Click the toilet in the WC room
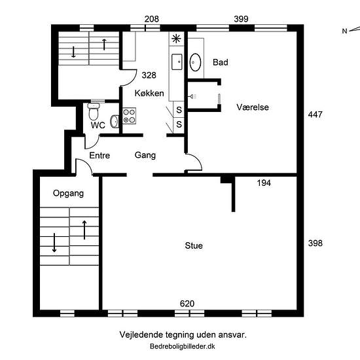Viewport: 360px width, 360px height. (x=94, y=111)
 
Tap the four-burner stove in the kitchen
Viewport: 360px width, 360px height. (x=129, y=116)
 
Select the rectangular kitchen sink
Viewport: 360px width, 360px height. (x=177, y=62)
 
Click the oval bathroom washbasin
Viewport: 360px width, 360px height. (x=195, y=62)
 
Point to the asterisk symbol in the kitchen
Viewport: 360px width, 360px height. (x=176, y=39)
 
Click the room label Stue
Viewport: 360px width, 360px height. (x=194, y=245)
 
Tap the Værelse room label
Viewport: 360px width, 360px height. (x=253, y=107)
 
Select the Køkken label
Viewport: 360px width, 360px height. (x=149, y=93)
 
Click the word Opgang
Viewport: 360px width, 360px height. (x=68, y=193)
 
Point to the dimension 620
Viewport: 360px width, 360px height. (x=187, y=304)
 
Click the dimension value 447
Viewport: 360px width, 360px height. (x=315, y=115)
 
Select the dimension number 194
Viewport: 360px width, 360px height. (x=264, y=183)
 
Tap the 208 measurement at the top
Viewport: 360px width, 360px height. (x=152, y=19)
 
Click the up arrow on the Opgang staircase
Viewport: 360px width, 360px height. (x=84, y=230)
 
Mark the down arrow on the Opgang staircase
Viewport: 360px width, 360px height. (x=54, y=243)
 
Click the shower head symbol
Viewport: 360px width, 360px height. (x=192, y=97)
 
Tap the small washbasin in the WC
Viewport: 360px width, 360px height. (x=114, y=121)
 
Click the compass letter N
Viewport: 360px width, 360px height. (x=344, y=31)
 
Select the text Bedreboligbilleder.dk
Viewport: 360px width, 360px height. (x=183, y=346)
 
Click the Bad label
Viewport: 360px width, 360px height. (x=221, y=62)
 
